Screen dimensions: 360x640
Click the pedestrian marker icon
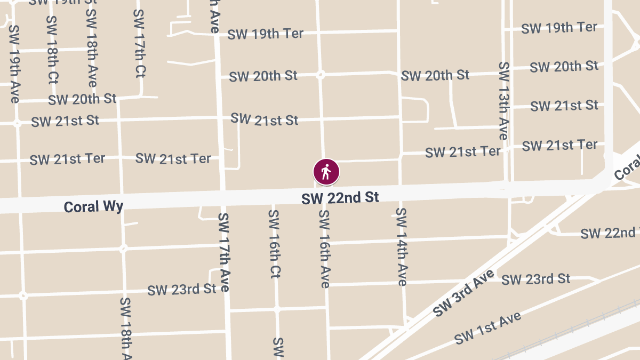click(326, 172)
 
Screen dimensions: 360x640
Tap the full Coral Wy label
click(93, 206)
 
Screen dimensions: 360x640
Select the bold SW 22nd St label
click(340, 198)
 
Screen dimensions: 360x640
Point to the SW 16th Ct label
click(274, 244)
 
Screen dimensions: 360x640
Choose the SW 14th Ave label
click(402, 246)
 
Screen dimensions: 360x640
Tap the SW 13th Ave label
click(503, 100)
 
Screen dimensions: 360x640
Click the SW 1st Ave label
click(487, 328)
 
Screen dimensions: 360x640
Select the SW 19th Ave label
click(14, 64)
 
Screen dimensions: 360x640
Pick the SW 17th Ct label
click(140, 43)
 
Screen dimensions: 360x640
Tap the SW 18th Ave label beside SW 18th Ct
click(91, 47)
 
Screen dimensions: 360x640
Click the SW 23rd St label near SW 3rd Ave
click(536, 279)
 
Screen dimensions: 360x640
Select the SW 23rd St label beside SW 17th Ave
click(182, 290)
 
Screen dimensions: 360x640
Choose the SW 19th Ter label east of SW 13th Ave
click(559, 28)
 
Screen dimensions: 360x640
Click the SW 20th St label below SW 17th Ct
click(82, 99)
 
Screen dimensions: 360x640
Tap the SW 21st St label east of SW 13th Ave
click(564, 106)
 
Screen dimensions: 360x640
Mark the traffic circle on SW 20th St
click(321, 75)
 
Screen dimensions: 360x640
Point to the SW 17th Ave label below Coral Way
click(223, 252)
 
